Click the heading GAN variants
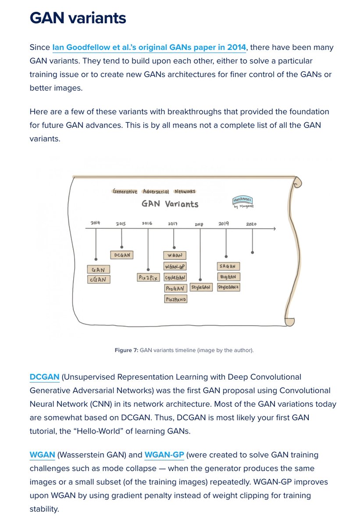click(78, 18)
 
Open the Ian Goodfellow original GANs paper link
click(150, 47)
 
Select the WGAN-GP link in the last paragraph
click(164, 455)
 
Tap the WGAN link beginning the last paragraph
click(42, 455)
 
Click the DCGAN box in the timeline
click(121, 255)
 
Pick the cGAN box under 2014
click(98, 279)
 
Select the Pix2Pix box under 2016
click(147, 277)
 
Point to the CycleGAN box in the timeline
click(175, 277)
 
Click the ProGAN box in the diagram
click(175, 288)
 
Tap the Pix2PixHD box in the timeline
click(175, 299)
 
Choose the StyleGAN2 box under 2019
click(228, 287)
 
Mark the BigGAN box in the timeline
click(228, 277)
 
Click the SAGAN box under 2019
click(228, 266)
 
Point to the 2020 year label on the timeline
click(251, 224)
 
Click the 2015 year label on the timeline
click(121, 224)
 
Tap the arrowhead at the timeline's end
click(274, 229)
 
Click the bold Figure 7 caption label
click(126, 350)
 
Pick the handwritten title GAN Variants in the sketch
click(170, 204)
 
